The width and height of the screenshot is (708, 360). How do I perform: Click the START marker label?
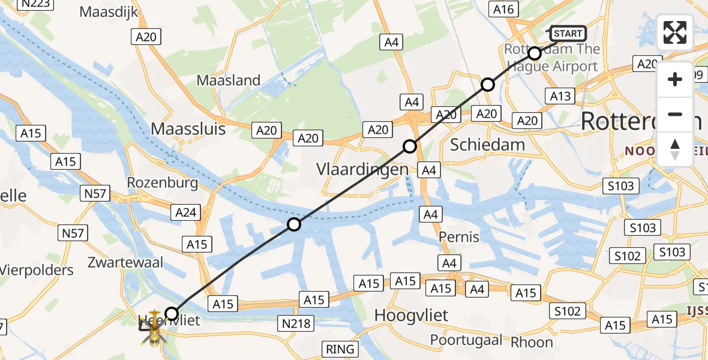(568, 34)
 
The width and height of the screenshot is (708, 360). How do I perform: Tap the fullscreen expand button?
(675, 32)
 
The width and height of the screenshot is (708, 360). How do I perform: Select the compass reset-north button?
(675, 149)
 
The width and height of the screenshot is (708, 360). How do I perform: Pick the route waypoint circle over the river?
(294, 224)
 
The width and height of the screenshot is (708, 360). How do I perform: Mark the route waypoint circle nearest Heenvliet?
(172, 313)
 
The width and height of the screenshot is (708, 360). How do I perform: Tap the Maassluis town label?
(188, 129)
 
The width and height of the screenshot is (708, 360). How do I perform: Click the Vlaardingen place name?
(362, 170)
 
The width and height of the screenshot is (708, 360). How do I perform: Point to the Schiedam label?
(487, 145)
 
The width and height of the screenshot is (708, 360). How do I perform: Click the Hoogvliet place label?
(411, 315)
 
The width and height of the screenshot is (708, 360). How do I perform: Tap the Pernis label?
(459, 236)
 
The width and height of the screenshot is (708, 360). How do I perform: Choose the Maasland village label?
(229, 80)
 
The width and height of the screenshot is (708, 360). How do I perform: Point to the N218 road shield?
(296, 324)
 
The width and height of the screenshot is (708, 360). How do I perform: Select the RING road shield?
(340, 349)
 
